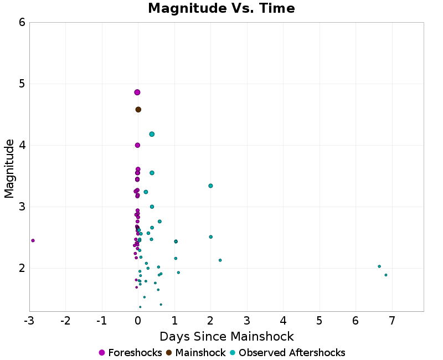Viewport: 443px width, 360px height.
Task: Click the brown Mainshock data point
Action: click(138, 110)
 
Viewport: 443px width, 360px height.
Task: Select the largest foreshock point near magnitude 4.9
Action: click(137, 92)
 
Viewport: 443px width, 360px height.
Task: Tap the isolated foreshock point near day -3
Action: click(33, 240)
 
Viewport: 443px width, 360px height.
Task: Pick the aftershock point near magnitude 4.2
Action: click(152, 134)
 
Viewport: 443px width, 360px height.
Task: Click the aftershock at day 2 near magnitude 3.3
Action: click(210, 186)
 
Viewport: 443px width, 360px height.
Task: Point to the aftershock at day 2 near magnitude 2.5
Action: click(210, 237)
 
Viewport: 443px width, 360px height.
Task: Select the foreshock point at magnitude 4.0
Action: click(137, 145)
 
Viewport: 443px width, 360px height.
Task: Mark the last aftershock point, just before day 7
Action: click(386, 275)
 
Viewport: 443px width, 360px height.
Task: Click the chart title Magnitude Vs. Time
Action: click(221, 9)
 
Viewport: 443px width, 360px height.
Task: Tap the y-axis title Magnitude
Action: click(9, 168)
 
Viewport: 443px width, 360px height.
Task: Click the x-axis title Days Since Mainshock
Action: click(226, 337)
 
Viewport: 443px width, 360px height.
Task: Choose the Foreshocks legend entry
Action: click(130, 353)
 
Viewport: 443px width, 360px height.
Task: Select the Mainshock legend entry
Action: click(195, 353)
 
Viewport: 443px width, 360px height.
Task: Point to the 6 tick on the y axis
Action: click(22, 22)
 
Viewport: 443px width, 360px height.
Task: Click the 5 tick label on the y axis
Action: click(22, 84)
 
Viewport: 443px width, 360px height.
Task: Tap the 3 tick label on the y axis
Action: click(22, 207)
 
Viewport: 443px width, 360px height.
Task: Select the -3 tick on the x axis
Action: click(29, 321)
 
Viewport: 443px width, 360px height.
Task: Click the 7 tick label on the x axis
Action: click(392, 321)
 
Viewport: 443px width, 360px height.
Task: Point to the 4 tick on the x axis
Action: click(283, 321)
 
